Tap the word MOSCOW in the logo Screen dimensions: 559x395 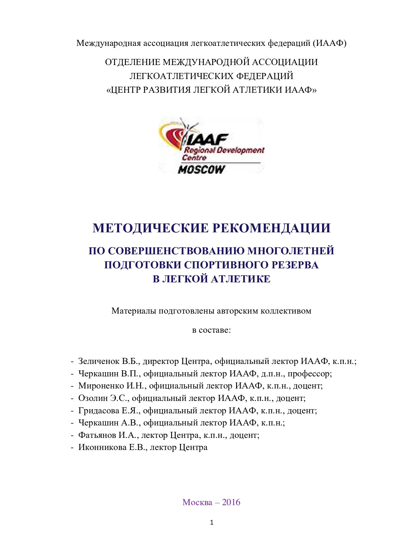[201, 170]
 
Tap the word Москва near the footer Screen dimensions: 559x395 [197, 502]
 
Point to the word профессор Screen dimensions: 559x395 [312, 374]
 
